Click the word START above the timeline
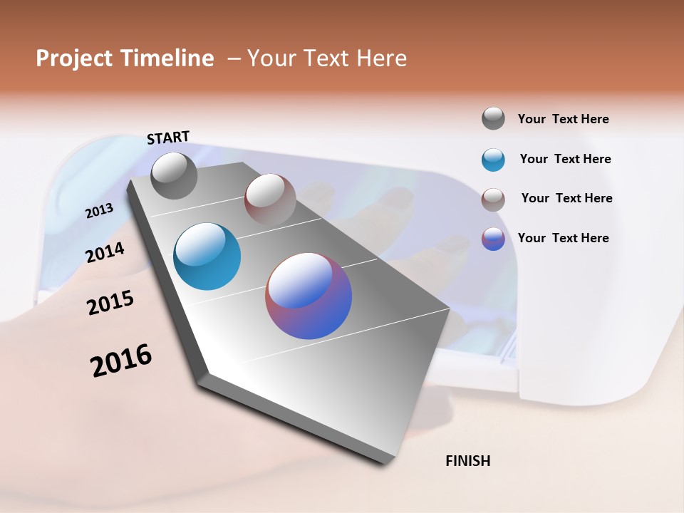(x=168, y=137)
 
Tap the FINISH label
(x=467, y=461)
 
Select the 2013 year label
(x=99, y=211)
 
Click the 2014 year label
(x=105, y=252)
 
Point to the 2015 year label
(x=110, y=304)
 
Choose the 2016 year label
(x=121, y=361)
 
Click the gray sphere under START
(x=175, y=175)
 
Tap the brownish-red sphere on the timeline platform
(x=270, y=199)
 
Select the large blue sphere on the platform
(x=207, y=256)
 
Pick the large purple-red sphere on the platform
(x=309, y=296)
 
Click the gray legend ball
(x=493, y=118)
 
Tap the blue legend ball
(x=493, y=160)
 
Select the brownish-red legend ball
(x=493, y=199)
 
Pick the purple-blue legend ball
(x=493, y=239)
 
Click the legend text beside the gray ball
(x=563, y=119)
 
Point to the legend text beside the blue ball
(x=565, y=159)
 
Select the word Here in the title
(x=381, y=58)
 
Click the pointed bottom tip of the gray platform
(x=385, y=462)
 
